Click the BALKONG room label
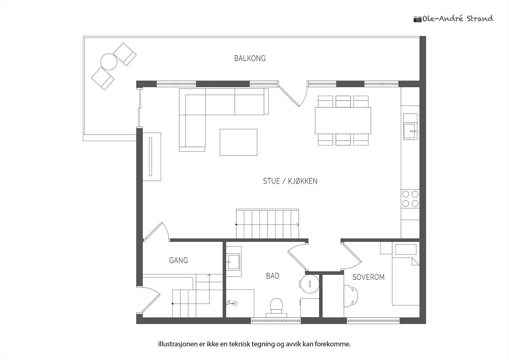(250, 59)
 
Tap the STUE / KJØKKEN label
(290, 181)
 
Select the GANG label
(178, 260)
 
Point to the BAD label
(272, 276)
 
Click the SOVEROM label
(368, 277)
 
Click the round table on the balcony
(109, 62)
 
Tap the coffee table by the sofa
(238, 142)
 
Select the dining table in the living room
(343, 121)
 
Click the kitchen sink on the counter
(410, 131)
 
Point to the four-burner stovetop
(410, 199)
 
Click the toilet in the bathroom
(276, 306)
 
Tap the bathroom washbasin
(234, 262)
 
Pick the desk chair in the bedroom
(352, 296)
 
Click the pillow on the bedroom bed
(406, 250)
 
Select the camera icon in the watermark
(417, 19)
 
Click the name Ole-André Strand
(458, 19)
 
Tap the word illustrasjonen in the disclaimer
(178, 344)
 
